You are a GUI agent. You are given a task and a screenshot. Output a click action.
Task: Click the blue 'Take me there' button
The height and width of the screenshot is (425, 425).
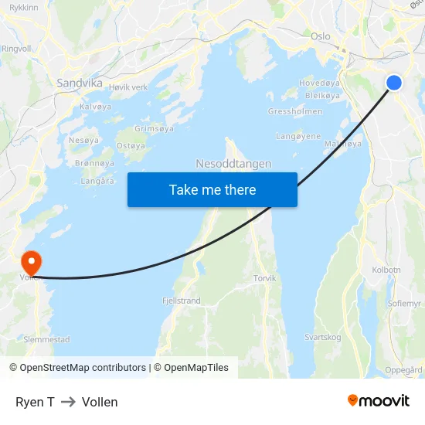pyautogui.click(x=212, y=190)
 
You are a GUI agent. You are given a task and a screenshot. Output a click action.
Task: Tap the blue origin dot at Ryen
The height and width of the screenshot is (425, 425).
pyautogui.click(x=394, y=82)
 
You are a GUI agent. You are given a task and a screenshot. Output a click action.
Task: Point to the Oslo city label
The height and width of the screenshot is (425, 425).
pyautogui.click(x=320, y=36)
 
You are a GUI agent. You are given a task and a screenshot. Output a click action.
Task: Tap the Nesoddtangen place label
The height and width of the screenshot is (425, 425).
pyautogui.click(x=233, y=164)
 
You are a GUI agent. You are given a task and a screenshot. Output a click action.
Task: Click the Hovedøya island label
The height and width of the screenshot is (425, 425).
pyautogui.click(x=319, y=83)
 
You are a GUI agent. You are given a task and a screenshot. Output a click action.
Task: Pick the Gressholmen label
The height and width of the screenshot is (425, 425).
pyautogui.click(x=294, y=111)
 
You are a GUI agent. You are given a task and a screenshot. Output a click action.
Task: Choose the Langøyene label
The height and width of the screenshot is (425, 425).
pyautogui.click(x=298, y=136)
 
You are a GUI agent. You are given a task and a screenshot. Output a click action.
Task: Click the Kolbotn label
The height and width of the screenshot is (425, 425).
pyautogui.click(x=386, y=270)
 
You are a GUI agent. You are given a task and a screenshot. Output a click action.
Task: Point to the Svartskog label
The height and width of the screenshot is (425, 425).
pyautogui.click(x=322, y=337)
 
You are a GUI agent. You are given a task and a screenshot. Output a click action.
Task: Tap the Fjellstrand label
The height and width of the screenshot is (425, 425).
pyautogui.click(x=182, y=301)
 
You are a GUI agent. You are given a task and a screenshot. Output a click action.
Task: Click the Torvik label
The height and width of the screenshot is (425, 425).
pyautogui.click(x=264, y=278)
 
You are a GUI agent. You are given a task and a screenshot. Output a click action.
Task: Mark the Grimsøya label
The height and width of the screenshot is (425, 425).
pyautogui.click(x=154, y=128)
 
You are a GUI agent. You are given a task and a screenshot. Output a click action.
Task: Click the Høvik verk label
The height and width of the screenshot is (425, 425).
pyautogui.click(x=128, y=87)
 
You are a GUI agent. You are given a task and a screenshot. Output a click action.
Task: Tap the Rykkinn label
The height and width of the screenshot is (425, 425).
pyautogui.click(x=24, y=7)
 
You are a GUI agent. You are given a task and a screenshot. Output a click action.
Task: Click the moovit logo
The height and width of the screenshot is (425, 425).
pyautogui.click(x=379, y=400)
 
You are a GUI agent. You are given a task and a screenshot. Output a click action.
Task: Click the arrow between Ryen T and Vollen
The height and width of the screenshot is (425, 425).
pyautogui.click(x=68, y=402)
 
